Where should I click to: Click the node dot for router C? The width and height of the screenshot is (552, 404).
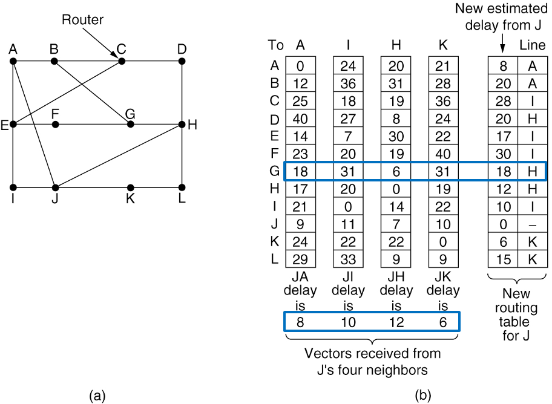[122, 61]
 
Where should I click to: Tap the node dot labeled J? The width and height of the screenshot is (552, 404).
[55, 187]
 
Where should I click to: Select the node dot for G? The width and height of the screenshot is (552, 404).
[130, 125]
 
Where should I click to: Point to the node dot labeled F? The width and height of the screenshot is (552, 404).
[55, 125]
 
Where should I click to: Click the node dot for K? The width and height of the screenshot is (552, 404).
[130, 187]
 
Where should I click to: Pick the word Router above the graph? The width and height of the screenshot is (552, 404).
[83, 20]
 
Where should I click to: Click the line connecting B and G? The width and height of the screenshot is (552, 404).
[91, 93]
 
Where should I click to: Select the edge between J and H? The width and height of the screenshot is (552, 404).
[118, 156]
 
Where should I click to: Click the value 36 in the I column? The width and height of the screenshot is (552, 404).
[347, 83]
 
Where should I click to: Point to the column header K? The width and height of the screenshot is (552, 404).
[443, 45]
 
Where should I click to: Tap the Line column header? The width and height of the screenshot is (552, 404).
[533, 45]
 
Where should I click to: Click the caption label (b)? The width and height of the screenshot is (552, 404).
[423, 396]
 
